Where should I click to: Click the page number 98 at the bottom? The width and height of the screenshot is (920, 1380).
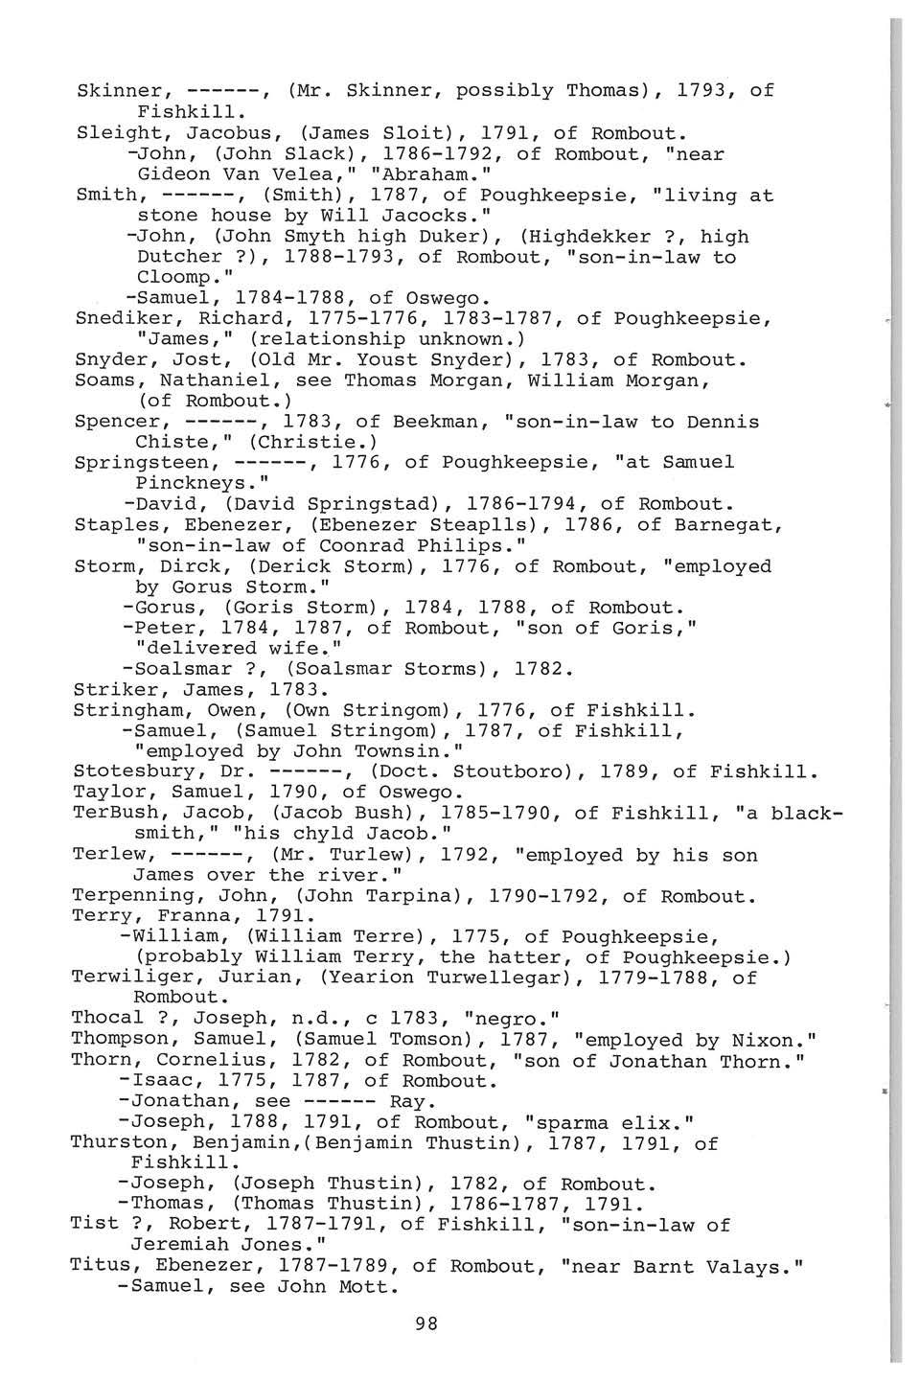[427, 1323]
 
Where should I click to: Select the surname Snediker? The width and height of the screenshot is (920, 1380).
[118, 318]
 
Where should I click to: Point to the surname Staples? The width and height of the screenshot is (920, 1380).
[111, 525]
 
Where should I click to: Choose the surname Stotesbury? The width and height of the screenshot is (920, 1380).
[135, 771]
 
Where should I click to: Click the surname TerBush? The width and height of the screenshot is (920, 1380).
[111, 813]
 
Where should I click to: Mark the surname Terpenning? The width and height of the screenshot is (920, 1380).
[135, 897]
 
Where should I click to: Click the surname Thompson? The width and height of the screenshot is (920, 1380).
[123, 1040]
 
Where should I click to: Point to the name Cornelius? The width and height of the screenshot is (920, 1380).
[204, 1061]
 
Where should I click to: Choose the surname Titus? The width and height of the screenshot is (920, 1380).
[100, 1266]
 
